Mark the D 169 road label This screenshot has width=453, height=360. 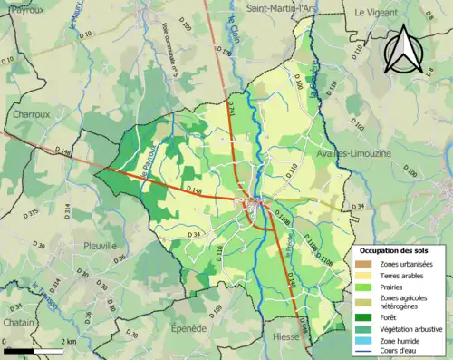click(215, 314)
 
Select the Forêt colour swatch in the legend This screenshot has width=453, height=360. click(368, 316)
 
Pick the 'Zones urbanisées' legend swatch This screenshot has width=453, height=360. click(368, 264)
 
